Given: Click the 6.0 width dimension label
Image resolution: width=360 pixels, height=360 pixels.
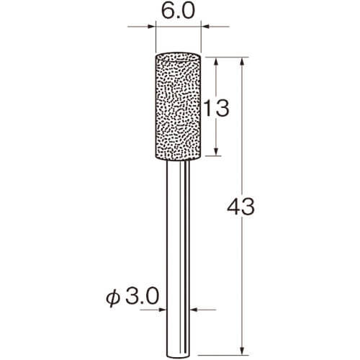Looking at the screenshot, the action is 178,12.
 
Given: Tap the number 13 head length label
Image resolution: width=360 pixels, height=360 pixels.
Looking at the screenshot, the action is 217,108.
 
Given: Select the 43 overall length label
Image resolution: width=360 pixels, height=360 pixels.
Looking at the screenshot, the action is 240,207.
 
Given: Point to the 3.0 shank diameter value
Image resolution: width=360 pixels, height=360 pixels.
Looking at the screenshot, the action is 142,297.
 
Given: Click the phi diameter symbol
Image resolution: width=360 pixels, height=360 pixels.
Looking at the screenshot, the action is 113,297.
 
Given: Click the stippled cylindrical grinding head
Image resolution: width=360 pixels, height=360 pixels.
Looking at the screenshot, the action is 178,107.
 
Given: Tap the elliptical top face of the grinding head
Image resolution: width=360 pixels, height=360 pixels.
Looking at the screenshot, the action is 178,57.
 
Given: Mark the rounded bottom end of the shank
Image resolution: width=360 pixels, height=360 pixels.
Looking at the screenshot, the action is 178,356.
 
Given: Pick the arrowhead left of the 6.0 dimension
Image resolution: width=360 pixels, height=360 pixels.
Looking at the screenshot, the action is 151,27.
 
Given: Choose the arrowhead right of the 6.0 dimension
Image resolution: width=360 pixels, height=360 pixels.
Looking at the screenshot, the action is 205,27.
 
